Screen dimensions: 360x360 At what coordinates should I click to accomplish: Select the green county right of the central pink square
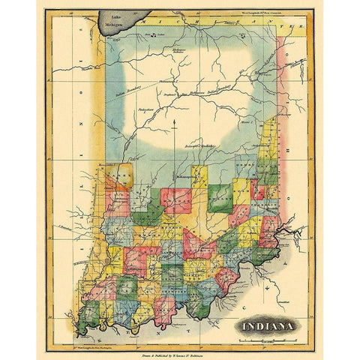219,199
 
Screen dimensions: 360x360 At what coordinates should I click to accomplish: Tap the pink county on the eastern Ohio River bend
266,225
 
